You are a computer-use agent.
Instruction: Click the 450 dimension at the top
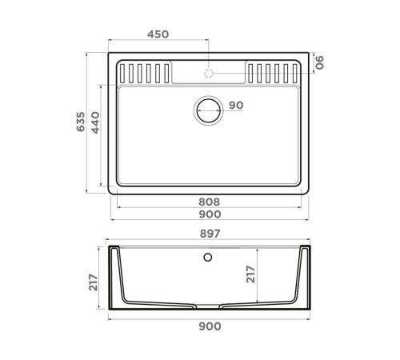[x=158, y=34]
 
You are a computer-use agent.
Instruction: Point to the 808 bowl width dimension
[x=209, y=202]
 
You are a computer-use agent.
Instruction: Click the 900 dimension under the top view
[x=209, y=215]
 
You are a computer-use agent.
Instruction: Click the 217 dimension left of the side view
[x=94, y=282]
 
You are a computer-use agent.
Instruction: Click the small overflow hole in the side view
[x=209, y=258]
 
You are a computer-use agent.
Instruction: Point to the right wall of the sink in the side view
[x=305, y=276]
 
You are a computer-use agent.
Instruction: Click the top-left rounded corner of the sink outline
[x=110, y=58]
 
